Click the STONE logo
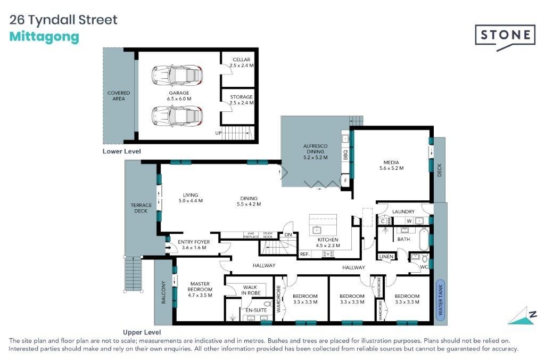(505, 37)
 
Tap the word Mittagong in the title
(44, 37)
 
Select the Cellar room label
(242, 60)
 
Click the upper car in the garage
(177, 75)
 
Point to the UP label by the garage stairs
(218, 133)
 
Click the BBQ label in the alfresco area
(345, 154)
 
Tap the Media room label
(391, 162)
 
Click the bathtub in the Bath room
(424, 239)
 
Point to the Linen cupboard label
(386, 256)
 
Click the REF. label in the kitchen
(304, 254)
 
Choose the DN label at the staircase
(288, 234)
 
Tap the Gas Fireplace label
(251, 235)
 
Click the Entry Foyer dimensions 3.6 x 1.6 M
(194, 248)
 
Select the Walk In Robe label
(250, 290)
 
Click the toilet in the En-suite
(268, 304)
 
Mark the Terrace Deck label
(141, 208)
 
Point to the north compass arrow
(522, 316)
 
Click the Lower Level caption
(122, 151)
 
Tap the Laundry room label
(403, 211)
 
